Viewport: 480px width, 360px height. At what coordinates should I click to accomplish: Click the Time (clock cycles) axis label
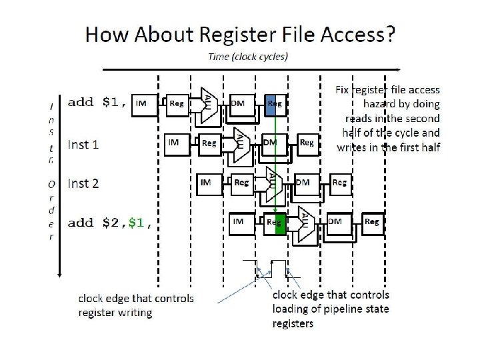(x=248, y=57)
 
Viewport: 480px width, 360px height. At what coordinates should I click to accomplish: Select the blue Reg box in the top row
(x=275, y=104)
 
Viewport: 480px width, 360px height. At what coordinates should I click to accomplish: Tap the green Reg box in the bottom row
(x=275, y=223)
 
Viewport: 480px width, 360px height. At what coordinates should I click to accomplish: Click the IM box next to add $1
(x=142, y=103)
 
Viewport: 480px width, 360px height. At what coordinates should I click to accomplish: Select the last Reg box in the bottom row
(x=372, y=222)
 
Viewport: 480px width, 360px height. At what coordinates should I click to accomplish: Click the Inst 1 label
(x=83, y=145)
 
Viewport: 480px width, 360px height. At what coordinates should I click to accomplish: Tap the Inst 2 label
(x=83, y=183)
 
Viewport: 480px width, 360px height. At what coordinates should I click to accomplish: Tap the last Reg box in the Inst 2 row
(x=339, y=182)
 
